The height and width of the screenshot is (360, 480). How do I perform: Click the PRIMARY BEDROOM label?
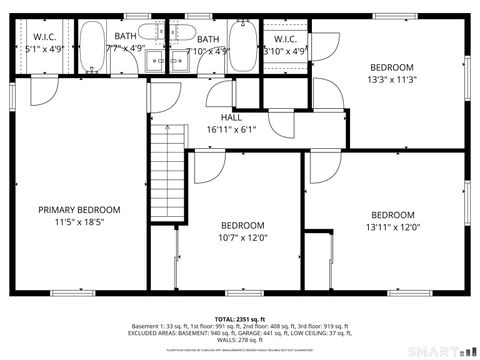79,209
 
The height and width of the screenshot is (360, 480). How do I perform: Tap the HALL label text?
231,117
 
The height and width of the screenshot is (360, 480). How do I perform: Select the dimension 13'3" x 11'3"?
391,80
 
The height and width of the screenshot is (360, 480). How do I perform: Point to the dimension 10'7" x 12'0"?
242,237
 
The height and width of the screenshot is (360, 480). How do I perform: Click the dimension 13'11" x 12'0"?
392,227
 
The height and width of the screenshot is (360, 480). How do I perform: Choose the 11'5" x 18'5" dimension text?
79,222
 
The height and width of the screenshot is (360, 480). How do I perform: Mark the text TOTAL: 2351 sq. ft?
239,317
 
